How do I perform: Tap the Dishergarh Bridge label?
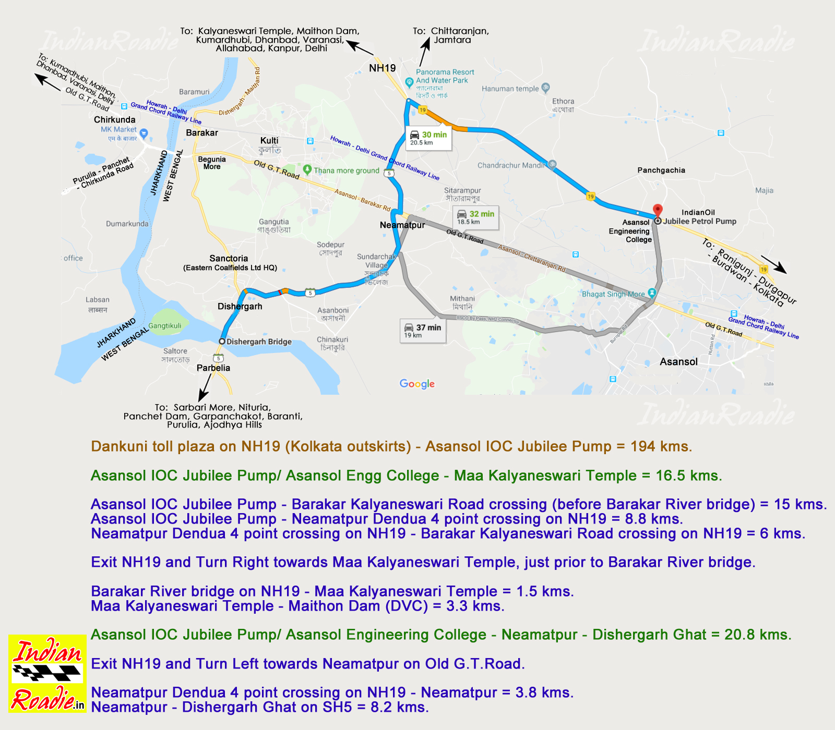pyautogui.click(x=259, y=342)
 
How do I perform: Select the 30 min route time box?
pyautogui.click(x=428, y=138)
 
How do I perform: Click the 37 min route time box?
pyautogui.click(x=423, y=331)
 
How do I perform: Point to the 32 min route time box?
pyautogui.click(x=475, y=217)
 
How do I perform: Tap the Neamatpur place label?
pyautogui.click(x=402, y=225)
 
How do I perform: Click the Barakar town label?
pyautogui.click(x=202, y=133)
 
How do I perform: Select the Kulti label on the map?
pyautogui.click(x=269, y=141)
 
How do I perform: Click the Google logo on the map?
pyautogui.click(x=417, y=384)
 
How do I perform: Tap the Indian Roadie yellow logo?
pyautogui.click(x=47, y=673)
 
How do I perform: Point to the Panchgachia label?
pyautogui.click(x=661, y=171)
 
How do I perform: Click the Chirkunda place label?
pyautogui.click(x=115, y=120)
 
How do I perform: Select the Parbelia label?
pyautogui.click(x=213, y=368)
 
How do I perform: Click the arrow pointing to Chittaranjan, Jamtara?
pyautogui.click(x=425, y=52)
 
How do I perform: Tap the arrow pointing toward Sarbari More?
pyautogui.click(x=204, y=388)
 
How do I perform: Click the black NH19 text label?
pyautogui.click(x=383, y=68)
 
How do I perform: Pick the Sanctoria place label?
pyautogui.click(x=229, y=259)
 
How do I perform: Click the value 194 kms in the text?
pyautogui.click(x=661, y=447)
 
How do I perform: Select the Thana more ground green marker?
pyautogui.click(x=307, y=169)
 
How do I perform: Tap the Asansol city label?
pyautogui.click(x=678, y=362)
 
